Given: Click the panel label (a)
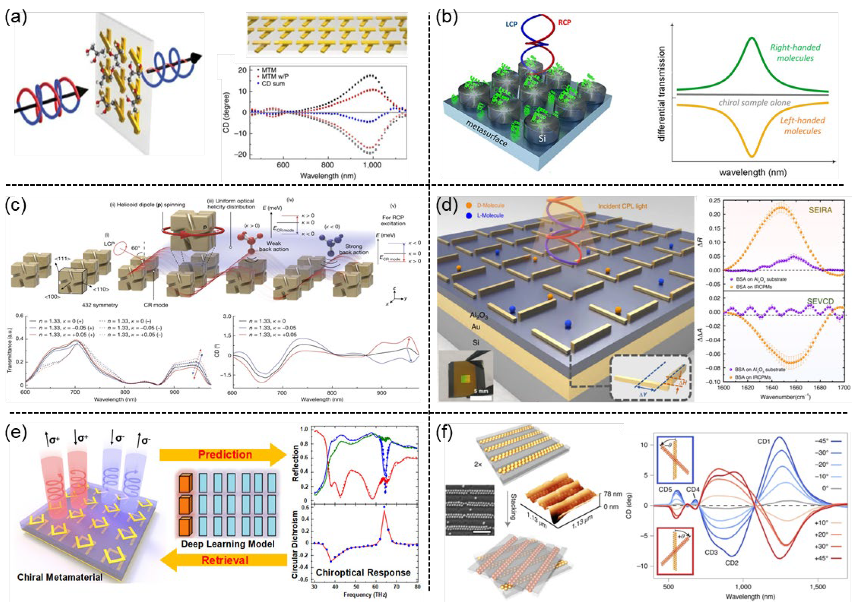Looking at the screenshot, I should pos(16,18).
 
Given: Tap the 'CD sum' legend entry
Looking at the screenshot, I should pos(273,84).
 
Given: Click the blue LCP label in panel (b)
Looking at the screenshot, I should pos(511,25).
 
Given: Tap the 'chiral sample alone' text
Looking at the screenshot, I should pos(754,102).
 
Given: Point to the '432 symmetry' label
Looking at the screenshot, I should pos(100,305).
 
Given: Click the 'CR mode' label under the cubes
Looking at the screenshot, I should pos(156,305).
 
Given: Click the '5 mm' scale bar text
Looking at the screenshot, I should pos(479,391).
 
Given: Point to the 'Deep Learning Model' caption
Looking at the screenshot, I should pos(228,544).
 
